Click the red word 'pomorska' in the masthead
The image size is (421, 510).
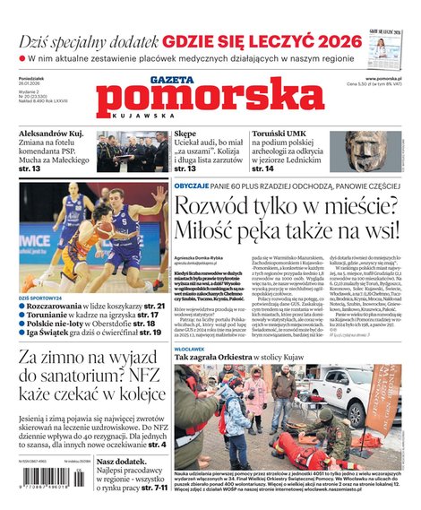(211, 96)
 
